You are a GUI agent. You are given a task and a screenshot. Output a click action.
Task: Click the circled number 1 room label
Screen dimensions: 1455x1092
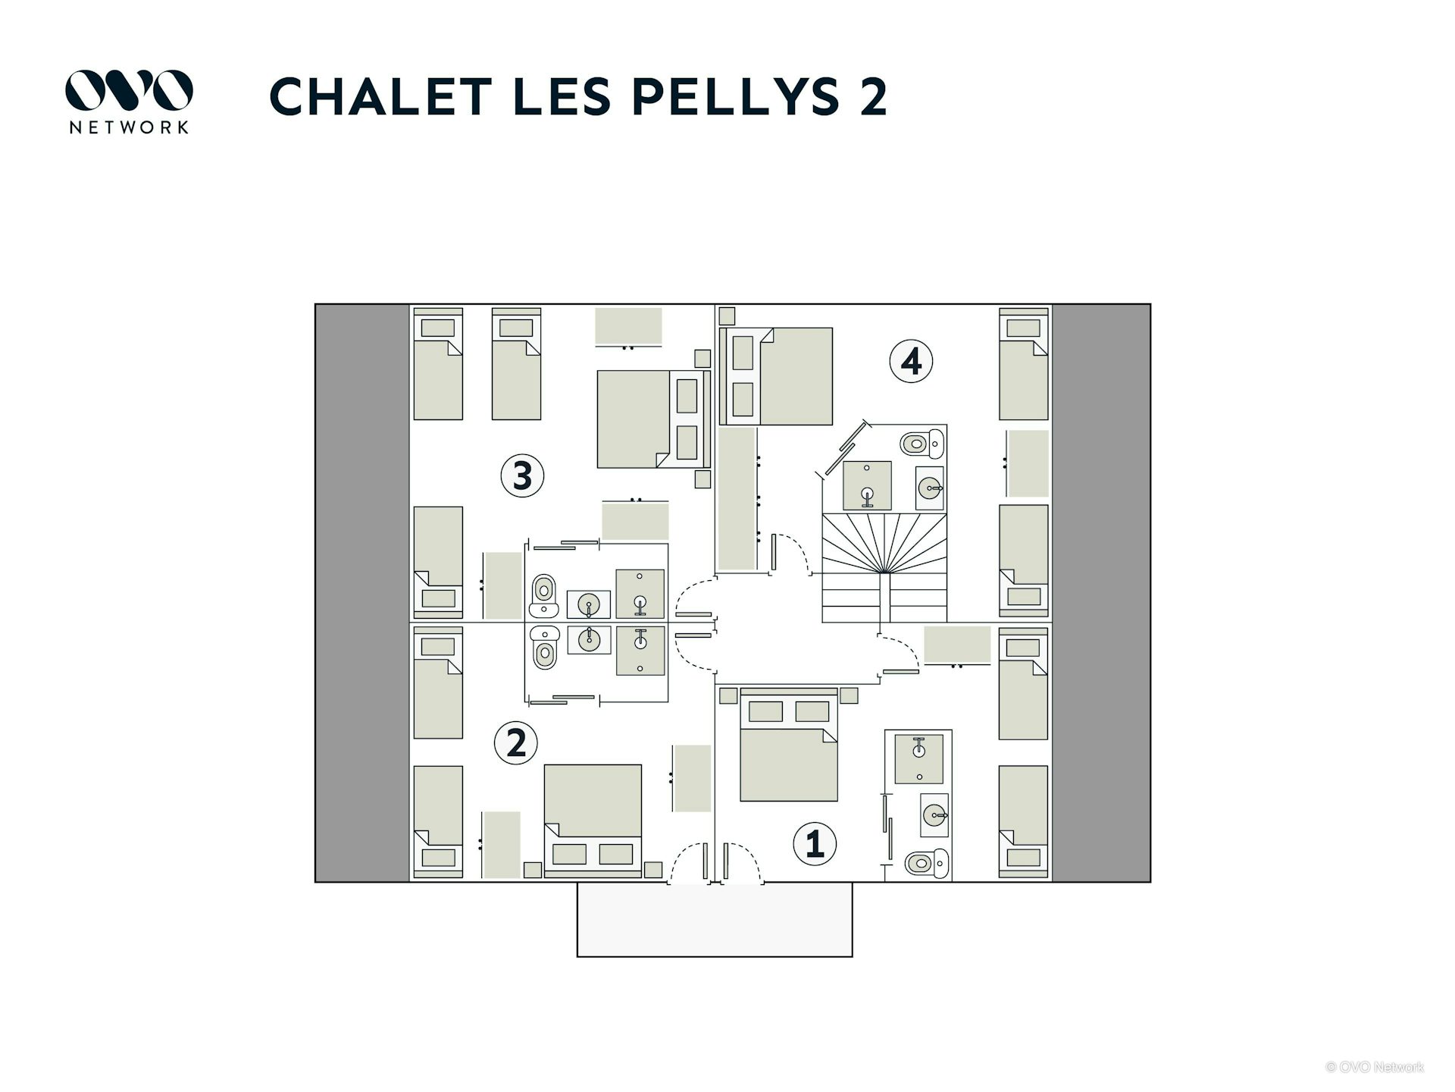(815, 843)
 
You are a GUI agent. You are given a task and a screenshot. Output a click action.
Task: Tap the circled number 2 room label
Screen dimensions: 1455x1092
(516, 742)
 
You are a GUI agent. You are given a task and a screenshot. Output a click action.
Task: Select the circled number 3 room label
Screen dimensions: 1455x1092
(523, 475)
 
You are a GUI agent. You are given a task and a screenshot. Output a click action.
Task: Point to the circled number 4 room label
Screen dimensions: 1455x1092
(911, 361)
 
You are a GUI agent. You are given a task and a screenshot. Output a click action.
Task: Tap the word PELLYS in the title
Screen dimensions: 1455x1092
(736, 96)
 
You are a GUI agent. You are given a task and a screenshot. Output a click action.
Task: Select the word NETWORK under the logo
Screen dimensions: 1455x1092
(129, 127)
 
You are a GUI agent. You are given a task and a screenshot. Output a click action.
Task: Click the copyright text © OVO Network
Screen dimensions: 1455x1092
(1375, 1067)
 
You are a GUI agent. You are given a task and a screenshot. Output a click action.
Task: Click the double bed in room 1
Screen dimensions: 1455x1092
(789, 745)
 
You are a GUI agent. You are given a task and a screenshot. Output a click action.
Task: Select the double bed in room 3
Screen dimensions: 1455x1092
(654, 419)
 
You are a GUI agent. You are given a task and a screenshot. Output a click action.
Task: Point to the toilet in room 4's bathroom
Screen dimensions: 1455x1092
(922, 443)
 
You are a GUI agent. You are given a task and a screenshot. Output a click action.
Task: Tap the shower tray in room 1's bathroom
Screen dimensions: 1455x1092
(919, 758)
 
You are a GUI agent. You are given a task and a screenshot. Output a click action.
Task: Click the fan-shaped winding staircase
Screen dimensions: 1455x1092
(884, 568)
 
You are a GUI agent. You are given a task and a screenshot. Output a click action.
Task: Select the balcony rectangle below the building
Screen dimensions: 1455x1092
(715, 919)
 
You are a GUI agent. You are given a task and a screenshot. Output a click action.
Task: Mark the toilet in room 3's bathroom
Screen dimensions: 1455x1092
(543, 596)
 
